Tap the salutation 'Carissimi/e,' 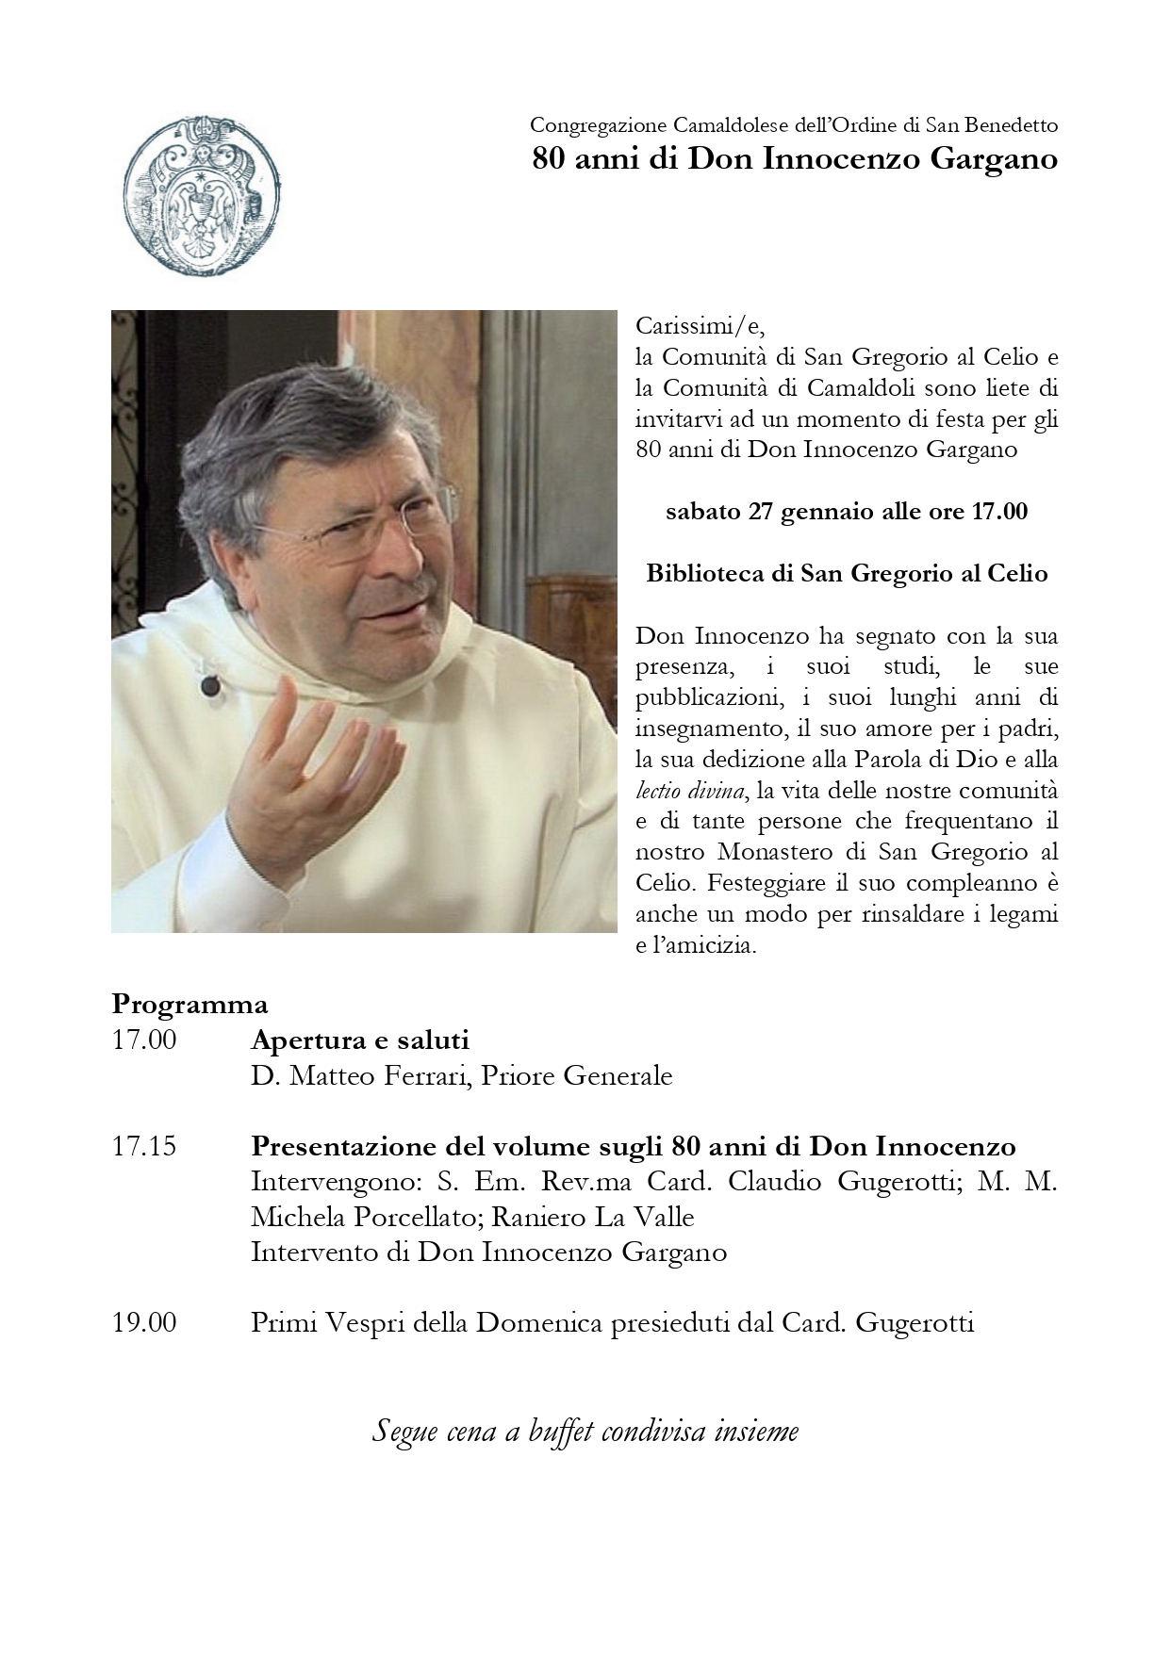(x=700, y=327)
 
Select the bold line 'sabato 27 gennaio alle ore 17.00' (x=846, y=512)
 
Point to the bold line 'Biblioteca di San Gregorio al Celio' (x=846, y=573)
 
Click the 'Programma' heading (x=190, y=1003)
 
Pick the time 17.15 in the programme (x=143, y=1147)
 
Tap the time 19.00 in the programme (x=143, y=1322)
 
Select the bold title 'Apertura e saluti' (x=359, y=1040)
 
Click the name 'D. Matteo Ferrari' (x=359, y=1075)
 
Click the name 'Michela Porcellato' (x=354, y=1217)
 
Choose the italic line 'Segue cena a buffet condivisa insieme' (x=585, y=1432)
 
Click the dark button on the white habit (x=210, y=686)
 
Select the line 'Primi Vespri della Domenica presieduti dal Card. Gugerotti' (x=612, y=1322)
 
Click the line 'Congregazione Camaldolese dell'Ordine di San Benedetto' (x=794, y=124)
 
